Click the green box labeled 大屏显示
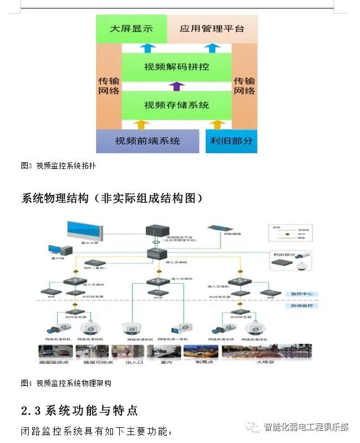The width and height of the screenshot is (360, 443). pyautogui.click(x=131, y=28)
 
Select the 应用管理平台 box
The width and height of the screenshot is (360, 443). pyautogui.click(x=212, y=28)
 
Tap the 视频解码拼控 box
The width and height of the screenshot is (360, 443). pyautogui.click(x=176, y=67)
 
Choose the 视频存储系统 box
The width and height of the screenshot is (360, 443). pyautogui.click(x=176, y=105)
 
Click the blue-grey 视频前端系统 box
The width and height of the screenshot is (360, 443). pyautogui.click(x=148, y=141)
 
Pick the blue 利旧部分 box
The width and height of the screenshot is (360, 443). pyautogui.click(x=231, y=141)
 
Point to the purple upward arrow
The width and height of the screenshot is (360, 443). pyautogui.click(x=177, y=86)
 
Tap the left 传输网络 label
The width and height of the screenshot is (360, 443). pyautogui.click(x=109, y=85)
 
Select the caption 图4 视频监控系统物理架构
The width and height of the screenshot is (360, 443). pyautogui.click(x=66, y=383)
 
